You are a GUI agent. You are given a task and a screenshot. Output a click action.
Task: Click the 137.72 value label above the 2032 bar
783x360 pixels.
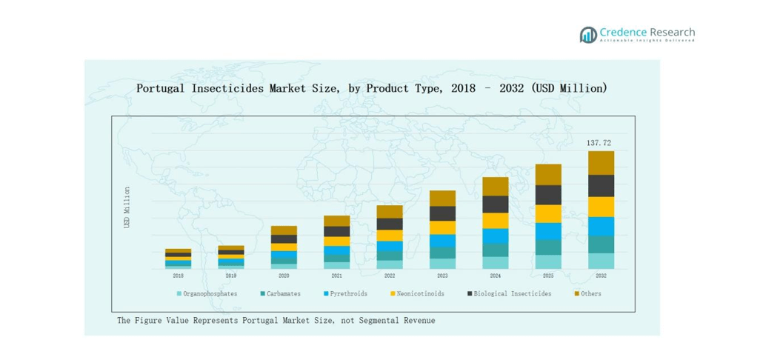tap(599, 143)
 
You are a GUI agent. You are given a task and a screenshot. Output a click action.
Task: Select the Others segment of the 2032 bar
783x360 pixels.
tap(601, 163)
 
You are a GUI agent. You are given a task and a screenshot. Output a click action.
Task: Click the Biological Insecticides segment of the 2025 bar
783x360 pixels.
tap(548, 195)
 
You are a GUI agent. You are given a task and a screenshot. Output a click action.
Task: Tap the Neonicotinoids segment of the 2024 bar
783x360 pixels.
tap(496, 221)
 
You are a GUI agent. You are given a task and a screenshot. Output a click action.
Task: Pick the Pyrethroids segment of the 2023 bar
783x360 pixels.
tap(442, 241)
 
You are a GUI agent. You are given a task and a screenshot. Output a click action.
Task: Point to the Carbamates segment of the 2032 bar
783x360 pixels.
tap(601, 244)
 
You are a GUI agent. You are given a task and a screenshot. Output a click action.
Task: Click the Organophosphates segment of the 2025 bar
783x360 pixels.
tap(548, 261)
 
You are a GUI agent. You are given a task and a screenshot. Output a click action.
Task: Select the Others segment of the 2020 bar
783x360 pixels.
tap(284, 230)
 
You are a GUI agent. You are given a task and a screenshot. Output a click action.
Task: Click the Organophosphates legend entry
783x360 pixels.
tap(207, 294)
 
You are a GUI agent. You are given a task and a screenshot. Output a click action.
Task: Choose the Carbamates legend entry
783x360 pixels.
tap(281, 294)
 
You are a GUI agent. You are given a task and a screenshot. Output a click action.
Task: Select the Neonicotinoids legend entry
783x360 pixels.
tap(416, 294)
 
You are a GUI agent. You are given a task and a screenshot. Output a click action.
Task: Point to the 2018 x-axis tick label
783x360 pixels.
tap(178, 276)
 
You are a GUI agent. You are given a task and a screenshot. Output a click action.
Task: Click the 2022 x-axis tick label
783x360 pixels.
tap(390, 276)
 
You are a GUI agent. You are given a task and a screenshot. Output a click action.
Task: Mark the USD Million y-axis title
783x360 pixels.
tap(127, 207)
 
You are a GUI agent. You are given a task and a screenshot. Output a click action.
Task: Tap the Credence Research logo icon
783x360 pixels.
tap(588, 35)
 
